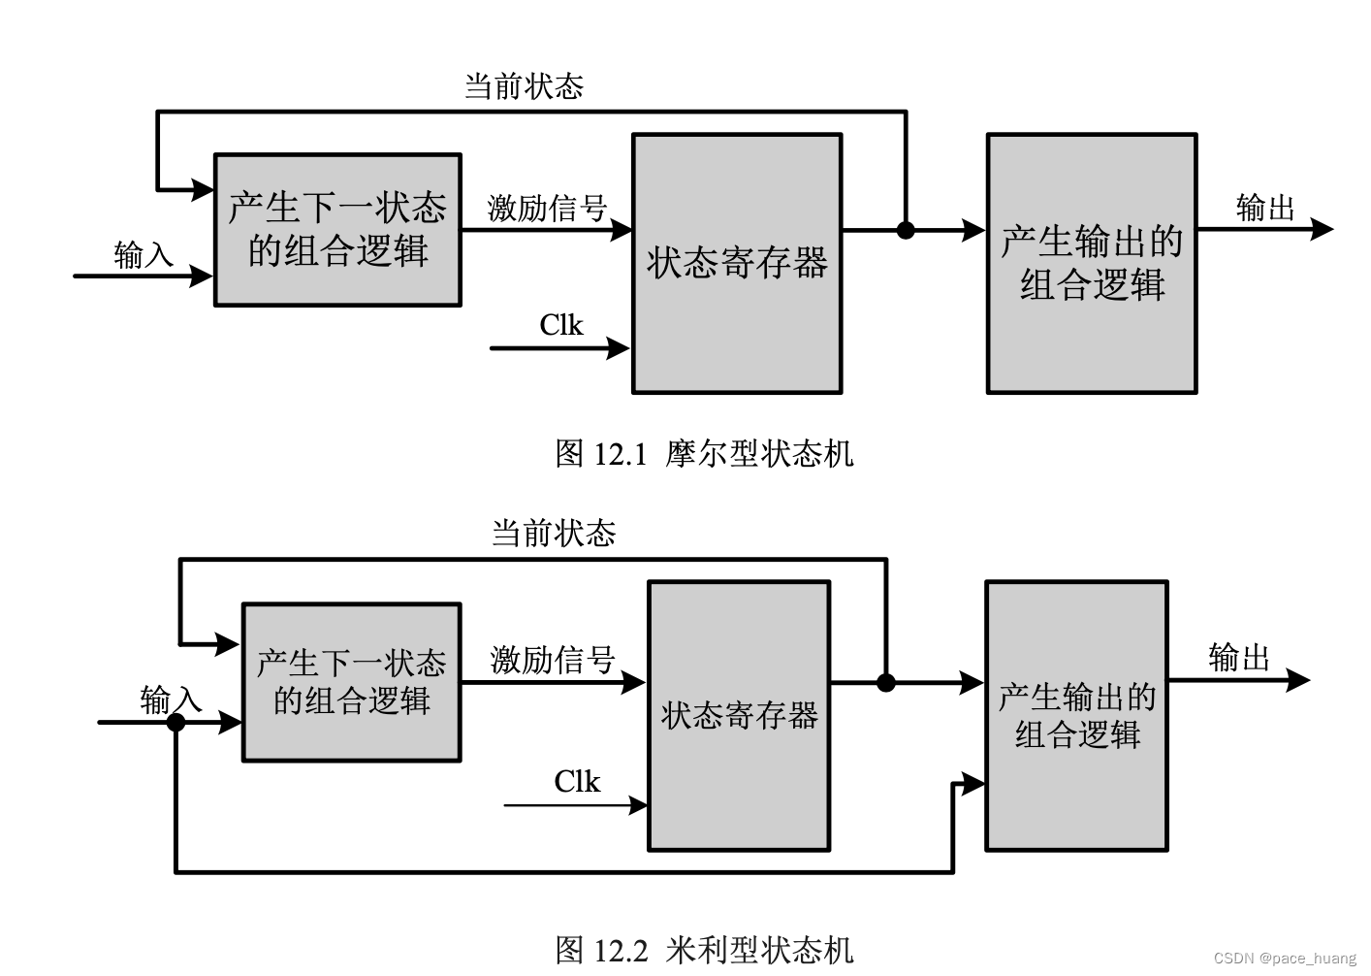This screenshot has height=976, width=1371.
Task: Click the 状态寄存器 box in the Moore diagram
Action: [737, 264]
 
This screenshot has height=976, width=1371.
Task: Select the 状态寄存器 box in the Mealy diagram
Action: [739, 716]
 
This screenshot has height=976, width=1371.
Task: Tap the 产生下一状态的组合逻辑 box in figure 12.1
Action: [337, 230]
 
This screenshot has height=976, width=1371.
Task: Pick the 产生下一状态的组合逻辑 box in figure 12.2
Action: [351, 682]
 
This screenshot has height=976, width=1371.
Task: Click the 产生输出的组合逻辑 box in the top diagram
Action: [1092, 264]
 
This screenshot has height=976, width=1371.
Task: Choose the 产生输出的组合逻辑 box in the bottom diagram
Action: [1076, 716]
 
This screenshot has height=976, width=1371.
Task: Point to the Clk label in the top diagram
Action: [561, 325]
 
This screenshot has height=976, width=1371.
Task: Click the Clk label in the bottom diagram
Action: [577, 782]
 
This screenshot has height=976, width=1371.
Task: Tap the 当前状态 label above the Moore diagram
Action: [524, 86]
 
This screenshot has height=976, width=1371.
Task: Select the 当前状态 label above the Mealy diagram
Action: [554, 533]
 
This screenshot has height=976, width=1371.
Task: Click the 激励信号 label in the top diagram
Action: [547, 208]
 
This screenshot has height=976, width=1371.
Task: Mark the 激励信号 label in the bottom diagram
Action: [553, 660]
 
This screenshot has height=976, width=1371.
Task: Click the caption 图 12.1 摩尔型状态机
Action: [704, 453]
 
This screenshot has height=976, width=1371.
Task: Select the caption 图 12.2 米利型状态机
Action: [704, 950]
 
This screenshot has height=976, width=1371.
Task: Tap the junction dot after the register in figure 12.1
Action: [906, 230]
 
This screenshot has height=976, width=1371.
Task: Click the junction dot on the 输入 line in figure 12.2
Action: [175, 722]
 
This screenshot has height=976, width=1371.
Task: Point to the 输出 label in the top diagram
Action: [1265, 208]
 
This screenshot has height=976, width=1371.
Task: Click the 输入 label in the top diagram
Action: [143, 255]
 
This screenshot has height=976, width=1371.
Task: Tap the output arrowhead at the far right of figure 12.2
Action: [1299, 680]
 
